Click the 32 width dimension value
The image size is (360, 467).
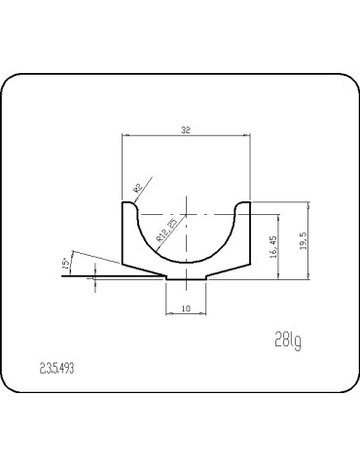186,128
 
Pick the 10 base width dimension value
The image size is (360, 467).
186,308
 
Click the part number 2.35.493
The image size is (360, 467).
57,370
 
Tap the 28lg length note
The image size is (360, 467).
287,340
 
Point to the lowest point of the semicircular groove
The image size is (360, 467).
186,263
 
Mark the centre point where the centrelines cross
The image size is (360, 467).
186,214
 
